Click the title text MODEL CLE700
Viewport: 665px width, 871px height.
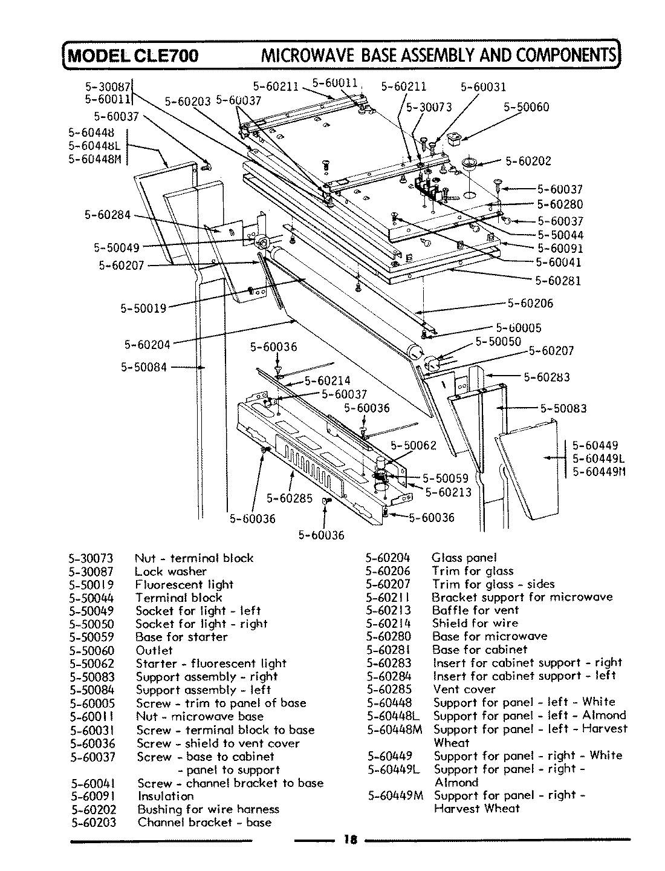132,56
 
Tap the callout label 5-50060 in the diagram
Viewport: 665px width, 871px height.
527,107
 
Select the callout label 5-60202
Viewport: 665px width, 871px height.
528,161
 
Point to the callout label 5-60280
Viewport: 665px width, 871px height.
560,205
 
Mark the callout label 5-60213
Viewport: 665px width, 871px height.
449,492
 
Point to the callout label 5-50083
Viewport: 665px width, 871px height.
563,408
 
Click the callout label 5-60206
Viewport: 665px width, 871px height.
530,303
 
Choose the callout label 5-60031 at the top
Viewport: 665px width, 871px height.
483,87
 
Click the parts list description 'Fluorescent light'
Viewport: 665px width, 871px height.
184,584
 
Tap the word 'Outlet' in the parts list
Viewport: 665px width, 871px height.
154,650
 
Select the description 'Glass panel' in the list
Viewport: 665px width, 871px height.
464,558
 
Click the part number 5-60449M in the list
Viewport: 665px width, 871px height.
393,795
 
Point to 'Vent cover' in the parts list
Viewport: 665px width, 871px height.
464,690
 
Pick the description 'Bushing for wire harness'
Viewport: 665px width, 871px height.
208,809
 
